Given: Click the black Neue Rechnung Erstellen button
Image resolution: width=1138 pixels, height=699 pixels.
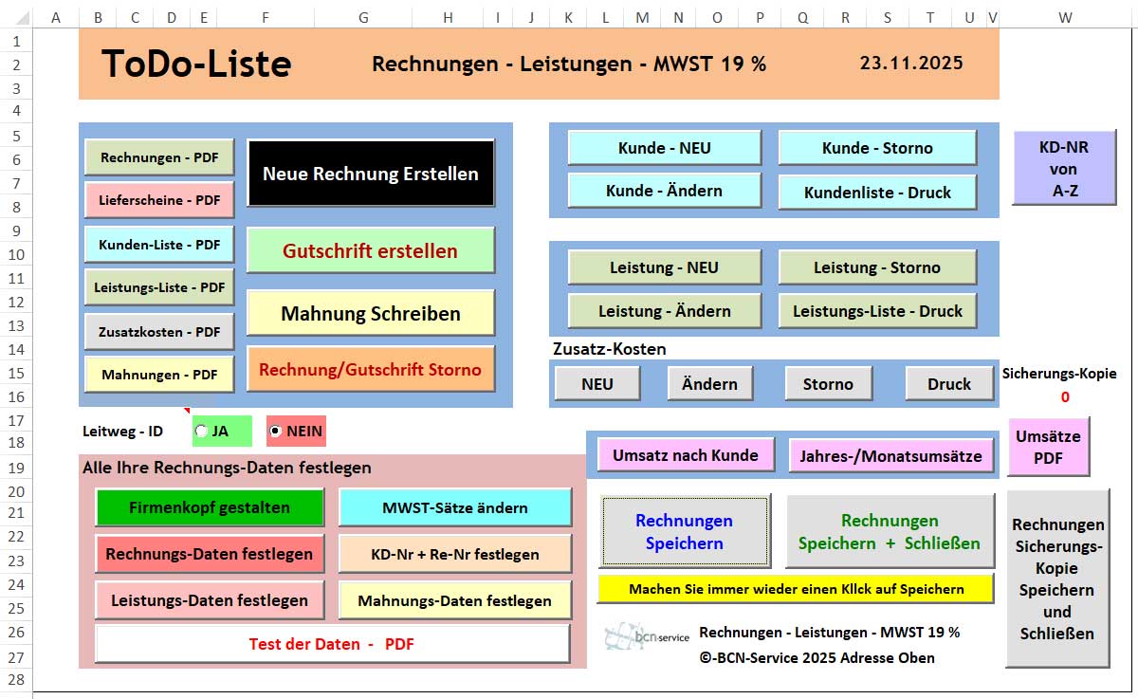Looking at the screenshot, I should [370, 174].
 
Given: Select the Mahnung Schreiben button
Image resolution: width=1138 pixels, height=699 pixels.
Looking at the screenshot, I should [370, 314].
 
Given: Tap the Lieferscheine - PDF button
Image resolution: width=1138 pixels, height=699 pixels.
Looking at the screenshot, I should [159, 200].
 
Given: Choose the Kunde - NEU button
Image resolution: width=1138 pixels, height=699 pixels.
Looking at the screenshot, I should [664, 148].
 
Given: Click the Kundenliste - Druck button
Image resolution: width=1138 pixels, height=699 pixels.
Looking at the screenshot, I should [877, 193].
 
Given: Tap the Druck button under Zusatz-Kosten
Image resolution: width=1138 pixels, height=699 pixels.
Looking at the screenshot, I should [949, 384].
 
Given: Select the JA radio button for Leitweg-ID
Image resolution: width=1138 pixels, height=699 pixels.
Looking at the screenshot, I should [201, 432].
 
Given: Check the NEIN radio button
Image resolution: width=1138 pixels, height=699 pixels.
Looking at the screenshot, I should [276, 432].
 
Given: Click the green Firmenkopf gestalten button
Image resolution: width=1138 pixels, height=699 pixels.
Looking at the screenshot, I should [210, 507].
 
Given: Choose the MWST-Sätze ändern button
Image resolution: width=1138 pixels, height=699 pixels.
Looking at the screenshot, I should [455, 507].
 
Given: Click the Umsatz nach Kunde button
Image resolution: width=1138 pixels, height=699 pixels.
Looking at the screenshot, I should [685, 455].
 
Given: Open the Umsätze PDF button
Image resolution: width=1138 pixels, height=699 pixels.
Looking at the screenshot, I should [1048, 448].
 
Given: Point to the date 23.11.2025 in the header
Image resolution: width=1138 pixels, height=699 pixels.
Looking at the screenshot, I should [911, 64].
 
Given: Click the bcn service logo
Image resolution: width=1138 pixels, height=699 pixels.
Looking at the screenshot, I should [648, 635].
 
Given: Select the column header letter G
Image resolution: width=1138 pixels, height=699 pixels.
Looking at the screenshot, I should [364, 17].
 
